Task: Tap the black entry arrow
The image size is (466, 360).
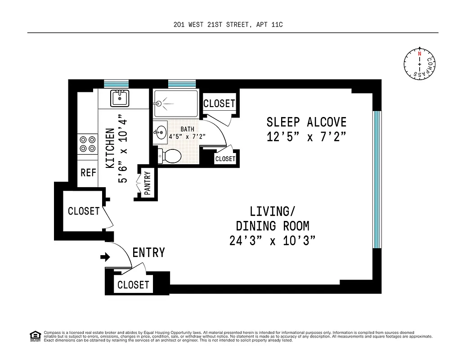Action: pos(105,257)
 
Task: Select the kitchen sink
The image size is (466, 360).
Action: pos(120,97)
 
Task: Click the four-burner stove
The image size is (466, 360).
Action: pos(88,144)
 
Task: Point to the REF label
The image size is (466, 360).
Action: pos(88,172)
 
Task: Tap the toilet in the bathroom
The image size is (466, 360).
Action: pos(170,156)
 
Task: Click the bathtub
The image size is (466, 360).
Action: pos(175,103)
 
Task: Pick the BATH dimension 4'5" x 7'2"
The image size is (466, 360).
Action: pos(187,136)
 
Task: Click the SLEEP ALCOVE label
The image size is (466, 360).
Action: pos(306,122)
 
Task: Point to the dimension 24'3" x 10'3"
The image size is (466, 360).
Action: pos(272,241)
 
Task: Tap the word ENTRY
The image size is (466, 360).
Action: pos(148,253)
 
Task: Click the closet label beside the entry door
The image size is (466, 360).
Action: pos(133,284)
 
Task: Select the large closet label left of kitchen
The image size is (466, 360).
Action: pos(84,211)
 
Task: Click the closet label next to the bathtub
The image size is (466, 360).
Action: pos(219,103)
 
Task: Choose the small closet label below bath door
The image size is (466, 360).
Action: pos(225,159)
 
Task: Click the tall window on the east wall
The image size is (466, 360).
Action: pos(377,179)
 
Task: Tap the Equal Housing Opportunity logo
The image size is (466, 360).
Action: pos(35,336)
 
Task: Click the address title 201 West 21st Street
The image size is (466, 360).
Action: pos(228,25)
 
